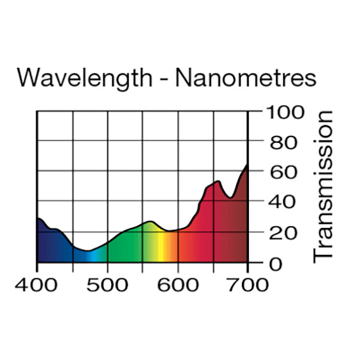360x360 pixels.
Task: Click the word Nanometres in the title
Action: (x=247, y=78)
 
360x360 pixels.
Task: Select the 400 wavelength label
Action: (x=37, y=284)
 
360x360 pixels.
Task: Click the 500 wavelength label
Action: (x=107, y=284)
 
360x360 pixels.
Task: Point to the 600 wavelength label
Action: (x=178, y=284)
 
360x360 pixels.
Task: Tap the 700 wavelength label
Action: (x=248, y=284)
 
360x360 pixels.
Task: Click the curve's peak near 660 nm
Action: (x=218, y=181)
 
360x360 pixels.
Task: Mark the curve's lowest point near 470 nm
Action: (x=88, y=251)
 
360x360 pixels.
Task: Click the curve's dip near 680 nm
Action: (x=230, y=197)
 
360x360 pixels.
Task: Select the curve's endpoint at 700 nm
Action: (x=247, y=164)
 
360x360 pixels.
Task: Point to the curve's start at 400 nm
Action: (x=38, y=218)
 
